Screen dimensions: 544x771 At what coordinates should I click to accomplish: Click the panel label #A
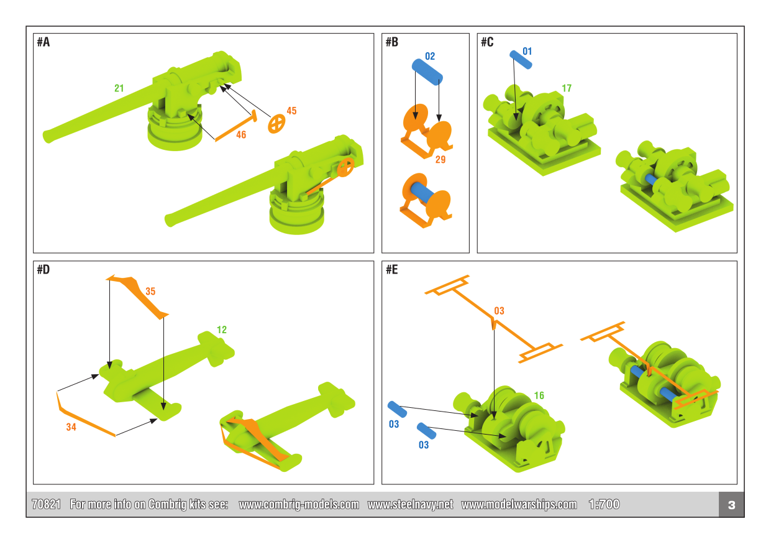click(x=43, y=42)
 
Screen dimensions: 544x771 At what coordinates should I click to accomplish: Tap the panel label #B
click(x=391, y=42)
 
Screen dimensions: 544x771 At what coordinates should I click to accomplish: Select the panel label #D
click(x=43, y=270)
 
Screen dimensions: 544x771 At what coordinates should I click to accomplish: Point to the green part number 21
click(x=119, y=88)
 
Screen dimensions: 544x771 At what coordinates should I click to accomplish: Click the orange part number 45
click(x=291, y=111)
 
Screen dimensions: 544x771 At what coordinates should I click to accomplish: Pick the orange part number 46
click(x=241, y=134)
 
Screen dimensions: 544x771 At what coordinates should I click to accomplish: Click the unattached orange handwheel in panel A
click(x=276, y=124)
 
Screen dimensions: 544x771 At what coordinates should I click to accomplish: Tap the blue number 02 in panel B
click(x=430, y=57)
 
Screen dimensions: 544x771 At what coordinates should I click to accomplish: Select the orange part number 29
click(x=440, y=160)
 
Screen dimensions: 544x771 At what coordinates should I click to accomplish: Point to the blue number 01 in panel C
click(x=527, y=51)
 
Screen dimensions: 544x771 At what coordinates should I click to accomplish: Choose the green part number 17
click(x=566, y=88)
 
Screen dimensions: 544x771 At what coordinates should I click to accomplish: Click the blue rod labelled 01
click(x=521, y=59)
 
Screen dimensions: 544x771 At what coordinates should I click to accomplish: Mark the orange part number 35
click(x=150, y=291)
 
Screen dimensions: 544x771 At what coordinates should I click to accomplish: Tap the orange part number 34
click(x=71, y=427)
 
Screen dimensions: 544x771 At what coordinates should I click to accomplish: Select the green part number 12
click(x=222, y=330)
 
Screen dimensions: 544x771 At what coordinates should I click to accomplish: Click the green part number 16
click(x=539, y=395)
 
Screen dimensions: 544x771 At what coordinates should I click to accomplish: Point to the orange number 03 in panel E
click(x=499, y=311)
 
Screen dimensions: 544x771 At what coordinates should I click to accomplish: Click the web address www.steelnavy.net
click(x=410, y=504)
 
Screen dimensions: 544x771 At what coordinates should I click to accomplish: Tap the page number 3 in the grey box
click(x=731, y=505)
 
